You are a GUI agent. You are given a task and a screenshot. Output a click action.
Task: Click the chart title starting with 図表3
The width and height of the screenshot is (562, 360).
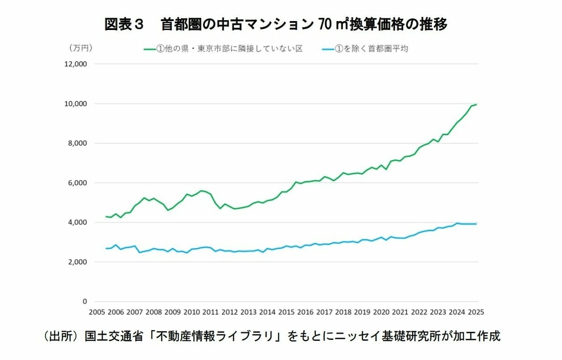[276, 24]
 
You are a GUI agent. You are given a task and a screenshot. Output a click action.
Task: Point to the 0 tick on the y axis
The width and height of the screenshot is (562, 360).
[85, 301]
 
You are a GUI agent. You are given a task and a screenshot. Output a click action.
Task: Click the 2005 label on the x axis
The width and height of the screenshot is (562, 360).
[96, 312]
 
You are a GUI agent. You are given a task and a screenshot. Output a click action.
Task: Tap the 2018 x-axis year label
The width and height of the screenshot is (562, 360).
[343, 312]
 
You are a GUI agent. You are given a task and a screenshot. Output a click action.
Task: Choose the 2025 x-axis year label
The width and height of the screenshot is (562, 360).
[476, 312]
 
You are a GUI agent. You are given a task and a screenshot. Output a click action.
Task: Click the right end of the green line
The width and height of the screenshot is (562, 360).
[476, 104]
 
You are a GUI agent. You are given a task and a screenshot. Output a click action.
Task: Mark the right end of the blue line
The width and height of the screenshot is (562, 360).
[476, 224]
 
